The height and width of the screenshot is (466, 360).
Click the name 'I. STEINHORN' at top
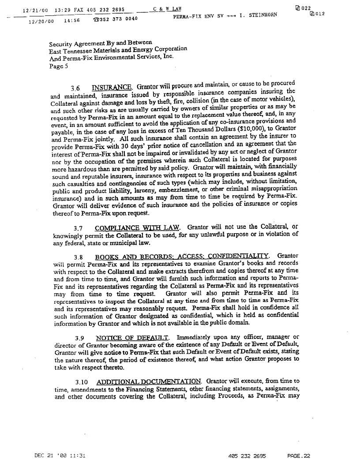pos(258,15)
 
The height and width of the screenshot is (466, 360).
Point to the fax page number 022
pos(305,8)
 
